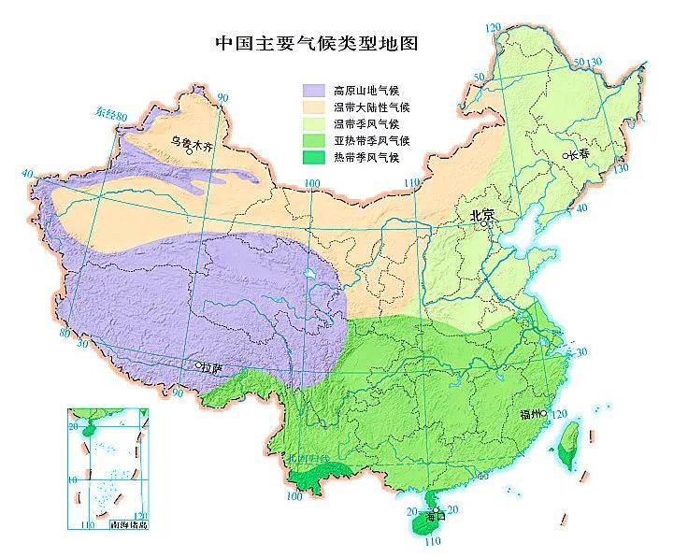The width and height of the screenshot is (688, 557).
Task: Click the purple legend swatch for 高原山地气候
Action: (x=314, y=90)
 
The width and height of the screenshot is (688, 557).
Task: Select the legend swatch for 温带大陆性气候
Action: (x=314, y=107)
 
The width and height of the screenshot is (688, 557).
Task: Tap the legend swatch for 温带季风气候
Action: (x=314, y=123)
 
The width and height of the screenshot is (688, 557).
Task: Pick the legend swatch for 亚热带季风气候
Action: (x=314, y=140)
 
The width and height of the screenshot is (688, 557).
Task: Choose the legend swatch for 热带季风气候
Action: (x=314, y=157)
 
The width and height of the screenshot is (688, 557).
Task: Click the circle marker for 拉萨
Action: (x=198, y=364)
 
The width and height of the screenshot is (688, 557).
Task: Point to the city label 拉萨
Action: (x=214, y=369)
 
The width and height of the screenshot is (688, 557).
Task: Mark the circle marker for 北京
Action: (x=484, y=224)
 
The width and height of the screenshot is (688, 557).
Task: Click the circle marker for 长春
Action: (x=565, y=155)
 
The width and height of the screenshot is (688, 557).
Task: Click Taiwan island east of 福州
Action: (x=570, y=438)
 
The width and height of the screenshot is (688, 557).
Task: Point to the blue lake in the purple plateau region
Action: (x=308, y=275)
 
